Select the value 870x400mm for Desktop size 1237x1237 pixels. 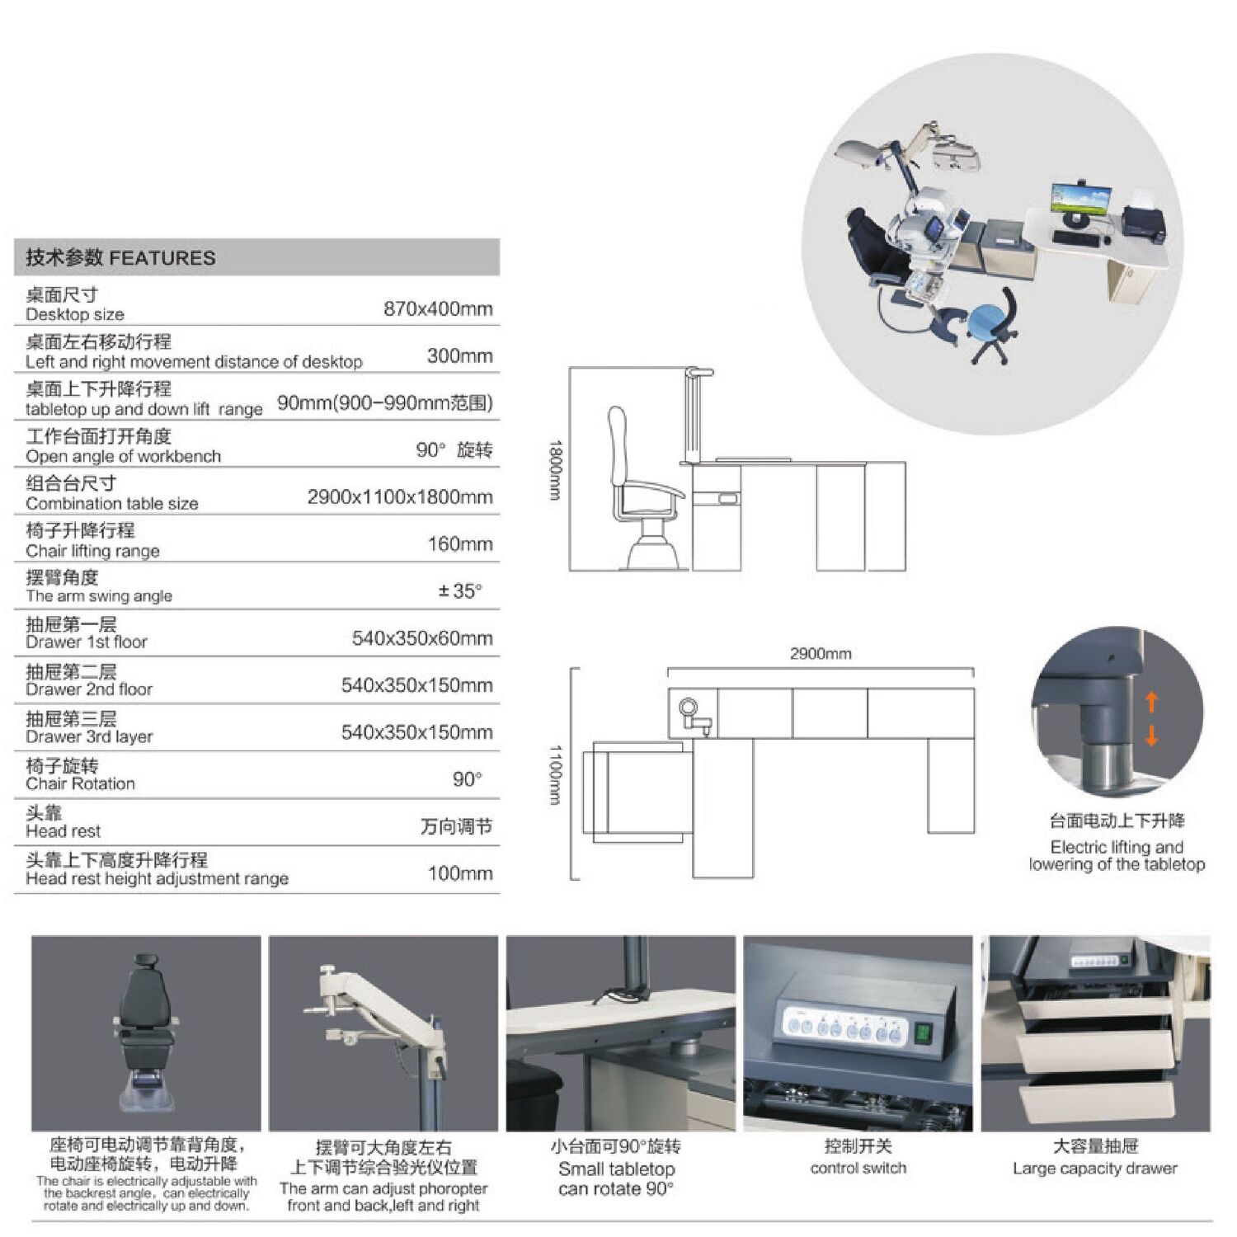[438, 309]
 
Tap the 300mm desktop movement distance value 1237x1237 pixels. [460, 356]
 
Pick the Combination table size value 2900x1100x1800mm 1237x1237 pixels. [400, 497]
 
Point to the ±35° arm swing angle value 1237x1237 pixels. [460, 591]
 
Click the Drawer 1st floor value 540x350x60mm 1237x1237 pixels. [422, 638]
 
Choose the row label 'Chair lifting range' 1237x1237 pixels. [92, 551]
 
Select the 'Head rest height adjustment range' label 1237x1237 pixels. [157, 879]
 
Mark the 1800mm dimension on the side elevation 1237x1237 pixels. [555, 470]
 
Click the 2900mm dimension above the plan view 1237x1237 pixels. [821, 654]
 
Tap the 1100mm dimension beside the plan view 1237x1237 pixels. [555, 775]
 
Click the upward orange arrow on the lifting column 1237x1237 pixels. [1151, 702]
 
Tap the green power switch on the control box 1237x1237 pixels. [923, 1032]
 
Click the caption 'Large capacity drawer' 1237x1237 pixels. [1094, 1169]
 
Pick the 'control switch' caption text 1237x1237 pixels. [858, 1169]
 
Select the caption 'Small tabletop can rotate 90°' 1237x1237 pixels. [616, 1179]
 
